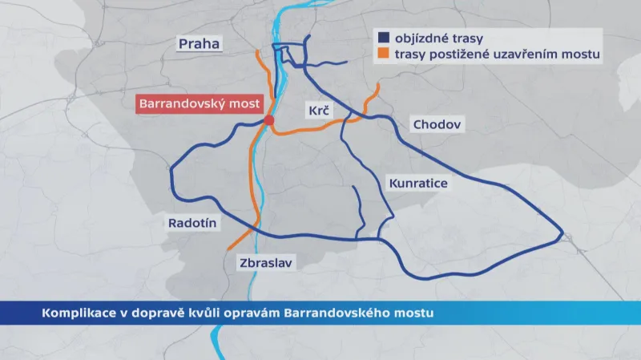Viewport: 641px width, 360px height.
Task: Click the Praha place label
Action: tap(200, 43)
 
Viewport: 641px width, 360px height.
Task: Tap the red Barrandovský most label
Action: tap(196, 103)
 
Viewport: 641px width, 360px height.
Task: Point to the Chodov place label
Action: tap(437, 124)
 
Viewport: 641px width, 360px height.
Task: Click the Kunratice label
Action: tap(417, 184)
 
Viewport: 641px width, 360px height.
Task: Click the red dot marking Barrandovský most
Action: tap(269, 120)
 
